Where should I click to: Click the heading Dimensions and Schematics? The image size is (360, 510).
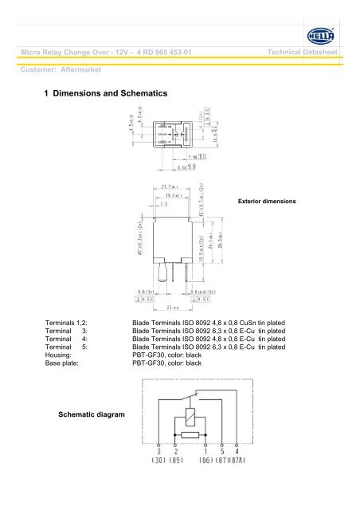[111, 94]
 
